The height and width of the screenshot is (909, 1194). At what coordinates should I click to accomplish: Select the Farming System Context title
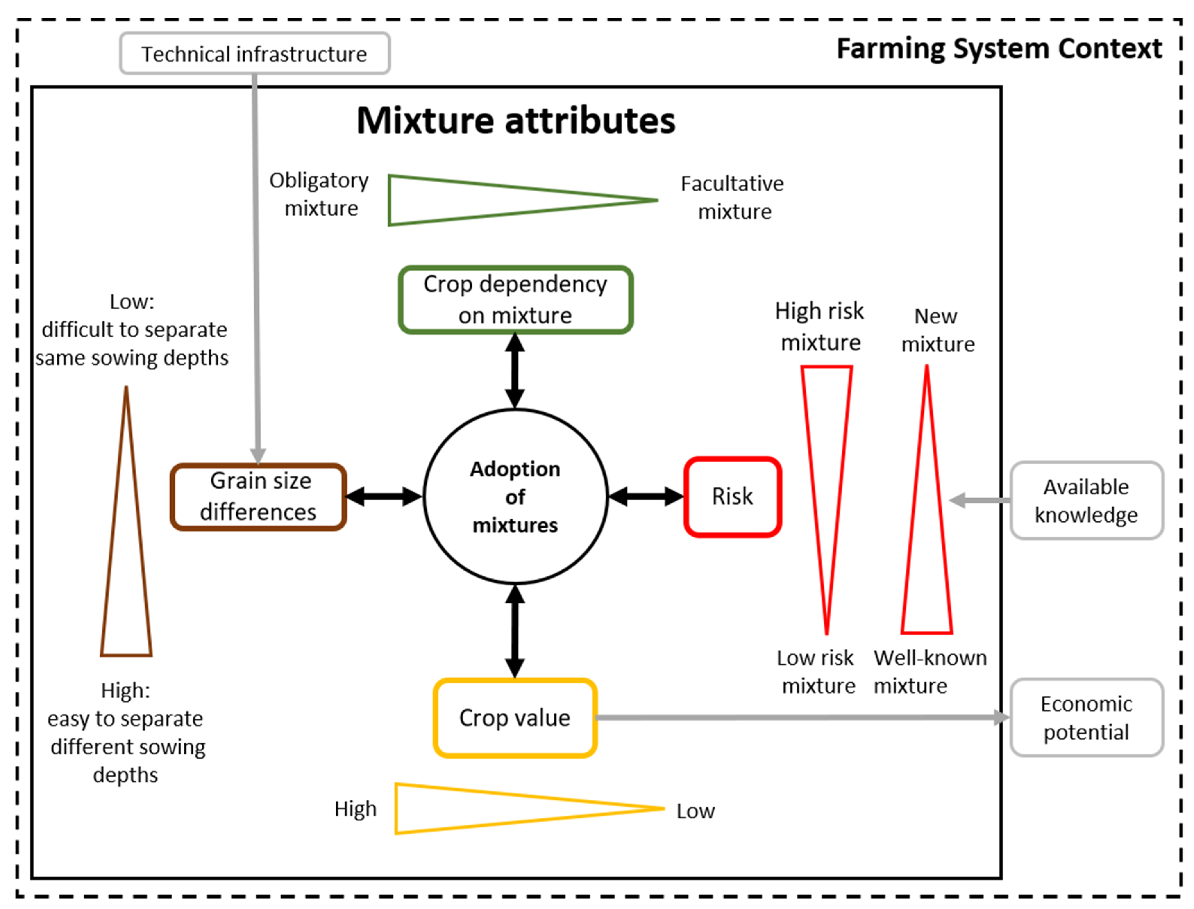click(999, 49)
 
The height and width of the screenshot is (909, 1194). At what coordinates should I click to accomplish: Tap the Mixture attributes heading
click(516, 120)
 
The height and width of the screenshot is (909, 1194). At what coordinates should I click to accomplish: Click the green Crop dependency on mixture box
click(516, 300)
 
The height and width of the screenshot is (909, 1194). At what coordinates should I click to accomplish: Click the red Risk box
click(732, 497)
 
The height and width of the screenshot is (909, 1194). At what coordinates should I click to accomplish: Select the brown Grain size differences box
click(258, 496)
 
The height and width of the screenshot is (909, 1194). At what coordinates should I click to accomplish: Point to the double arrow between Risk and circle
click(646, 497)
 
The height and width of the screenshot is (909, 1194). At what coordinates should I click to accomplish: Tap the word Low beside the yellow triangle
click(695, 811)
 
